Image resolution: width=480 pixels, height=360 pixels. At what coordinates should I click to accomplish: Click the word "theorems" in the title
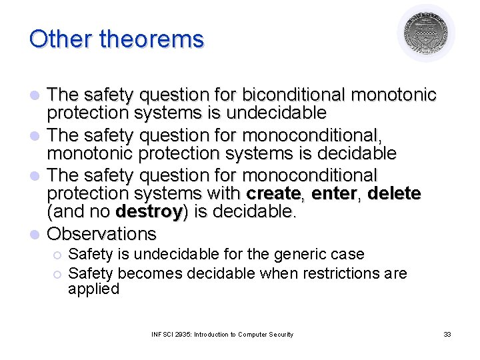point(151,39)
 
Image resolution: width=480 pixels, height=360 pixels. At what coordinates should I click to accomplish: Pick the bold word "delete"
point(394,194)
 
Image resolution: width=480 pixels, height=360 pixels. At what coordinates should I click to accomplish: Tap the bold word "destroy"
point(149,213)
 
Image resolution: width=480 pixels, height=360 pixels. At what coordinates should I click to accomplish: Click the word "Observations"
point(103,234)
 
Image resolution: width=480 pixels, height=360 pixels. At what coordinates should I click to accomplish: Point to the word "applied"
point(93,289)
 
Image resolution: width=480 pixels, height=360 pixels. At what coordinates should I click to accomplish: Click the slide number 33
point(447,334)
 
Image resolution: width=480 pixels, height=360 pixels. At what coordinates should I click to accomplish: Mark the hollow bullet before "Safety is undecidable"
point(57,255)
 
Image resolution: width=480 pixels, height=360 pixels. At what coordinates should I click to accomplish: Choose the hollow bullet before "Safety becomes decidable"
point(57,274)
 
